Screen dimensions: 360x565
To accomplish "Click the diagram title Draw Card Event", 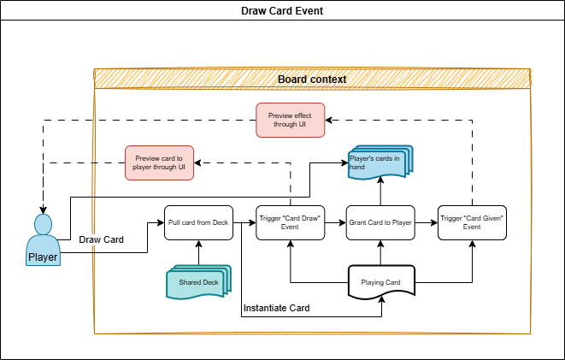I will tap(282, 11).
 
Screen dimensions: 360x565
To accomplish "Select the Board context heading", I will tap(312, 79).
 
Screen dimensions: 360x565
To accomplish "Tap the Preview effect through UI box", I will tap(291, 120).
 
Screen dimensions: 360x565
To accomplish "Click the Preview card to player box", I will tap(160, 162).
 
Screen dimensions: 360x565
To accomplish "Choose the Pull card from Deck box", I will tap(199, 222).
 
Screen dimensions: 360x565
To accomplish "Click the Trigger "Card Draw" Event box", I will tap(291, 222).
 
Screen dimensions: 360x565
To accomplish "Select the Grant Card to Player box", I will tap(380, 222).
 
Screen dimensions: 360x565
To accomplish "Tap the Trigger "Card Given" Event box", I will tap(472, 222).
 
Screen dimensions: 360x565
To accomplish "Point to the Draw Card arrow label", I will tap(101, 239).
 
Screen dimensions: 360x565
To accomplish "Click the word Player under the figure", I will tap(43, 257).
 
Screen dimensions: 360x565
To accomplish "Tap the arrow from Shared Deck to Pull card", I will tap(199, 252).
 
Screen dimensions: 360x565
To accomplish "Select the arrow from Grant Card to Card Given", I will tap(425, 222).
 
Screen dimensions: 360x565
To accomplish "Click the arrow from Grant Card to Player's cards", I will tap(380, 192).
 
